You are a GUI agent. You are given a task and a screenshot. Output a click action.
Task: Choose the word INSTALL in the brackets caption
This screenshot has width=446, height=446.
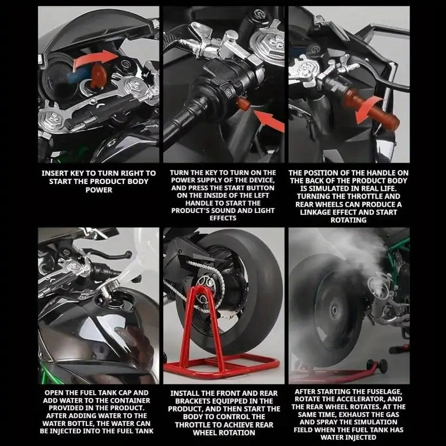(188, 393)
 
